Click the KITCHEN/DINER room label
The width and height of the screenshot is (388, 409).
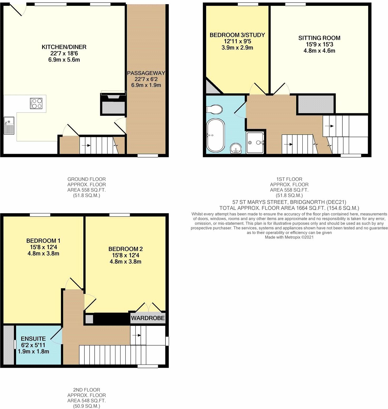[64, 47]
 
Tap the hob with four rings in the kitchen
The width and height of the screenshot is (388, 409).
[36, 103]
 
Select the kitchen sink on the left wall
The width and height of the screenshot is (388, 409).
[8, 126]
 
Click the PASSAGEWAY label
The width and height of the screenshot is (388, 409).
[146, 73]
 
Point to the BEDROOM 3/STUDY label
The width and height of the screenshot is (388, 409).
[237, 35]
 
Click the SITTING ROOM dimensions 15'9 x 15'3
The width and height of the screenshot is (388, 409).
[319, 45]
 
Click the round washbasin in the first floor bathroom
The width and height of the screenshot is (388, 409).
[236, 149]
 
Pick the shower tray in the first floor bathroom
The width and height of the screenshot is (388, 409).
[255, 142]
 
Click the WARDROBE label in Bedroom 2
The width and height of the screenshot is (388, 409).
[148, 318]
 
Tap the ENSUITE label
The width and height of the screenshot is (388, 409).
[33, 339]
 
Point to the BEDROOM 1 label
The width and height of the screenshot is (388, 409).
[43, 241]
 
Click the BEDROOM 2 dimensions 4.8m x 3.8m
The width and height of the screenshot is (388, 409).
[125, 262]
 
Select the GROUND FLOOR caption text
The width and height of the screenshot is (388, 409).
[86, 179]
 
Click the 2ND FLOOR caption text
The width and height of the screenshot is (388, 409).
[86, 390]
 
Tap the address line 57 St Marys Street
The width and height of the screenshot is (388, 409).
[289, 202]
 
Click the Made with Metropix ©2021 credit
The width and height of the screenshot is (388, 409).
[289, 237]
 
